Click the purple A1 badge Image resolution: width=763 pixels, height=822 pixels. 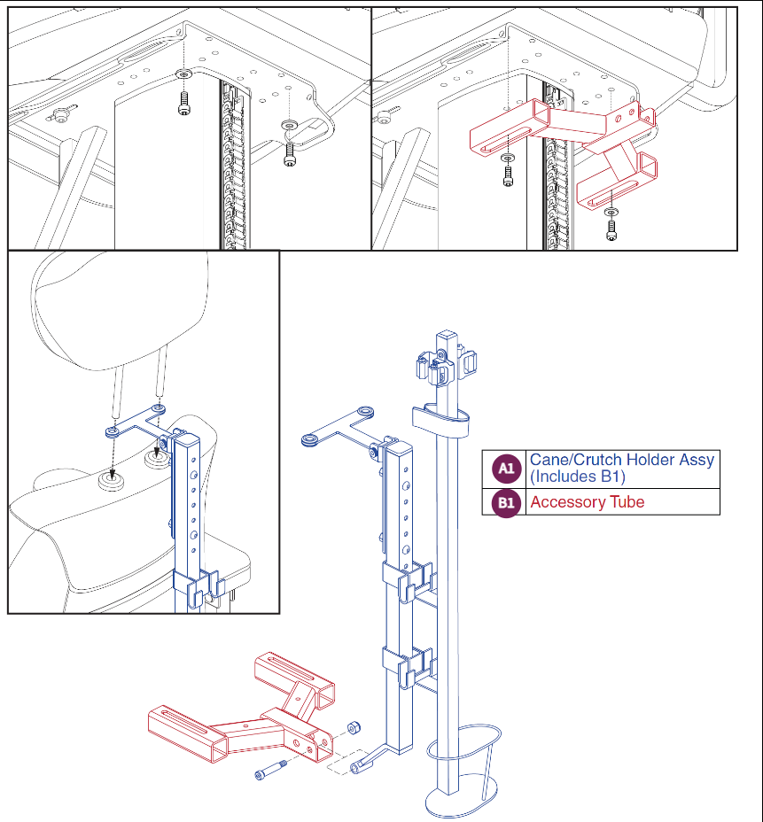coord(506,468)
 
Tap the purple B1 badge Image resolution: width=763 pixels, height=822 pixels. coord(506,503)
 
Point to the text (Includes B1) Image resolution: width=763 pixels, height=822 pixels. coord(577,477)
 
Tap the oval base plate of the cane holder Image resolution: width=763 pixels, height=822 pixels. coord(461,803)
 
